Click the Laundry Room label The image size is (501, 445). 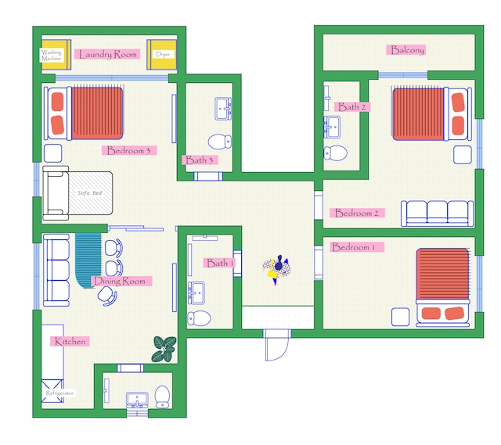click(107, 54)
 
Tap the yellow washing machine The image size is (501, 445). click(56, 54)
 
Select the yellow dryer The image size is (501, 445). click(161, 54)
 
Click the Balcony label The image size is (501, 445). click(405, 50)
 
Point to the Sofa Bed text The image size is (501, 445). click(90, 193)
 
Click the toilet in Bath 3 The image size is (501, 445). click(220, 141)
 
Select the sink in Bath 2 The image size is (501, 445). click(332, 127)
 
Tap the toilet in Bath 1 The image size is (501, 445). click(199, 318)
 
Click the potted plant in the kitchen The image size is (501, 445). click(164, 349)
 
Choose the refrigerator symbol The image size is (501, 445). click(52, 391)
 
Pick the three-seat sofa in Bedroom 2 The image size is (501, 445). click(437, 214)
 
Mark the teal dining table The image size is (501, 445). click(88, 260)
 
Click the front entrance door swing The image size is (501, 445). click(276, 346)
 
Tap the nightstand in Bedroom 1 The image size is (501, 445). click(400, 317)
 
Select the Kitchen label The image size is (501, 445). click(70, 341)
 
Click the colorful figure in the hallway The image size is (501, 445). click(276, 269)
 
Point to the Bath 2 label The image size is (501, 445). click(352, 106)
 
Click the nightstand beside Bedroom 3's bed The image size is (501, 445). click(53, 153)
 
